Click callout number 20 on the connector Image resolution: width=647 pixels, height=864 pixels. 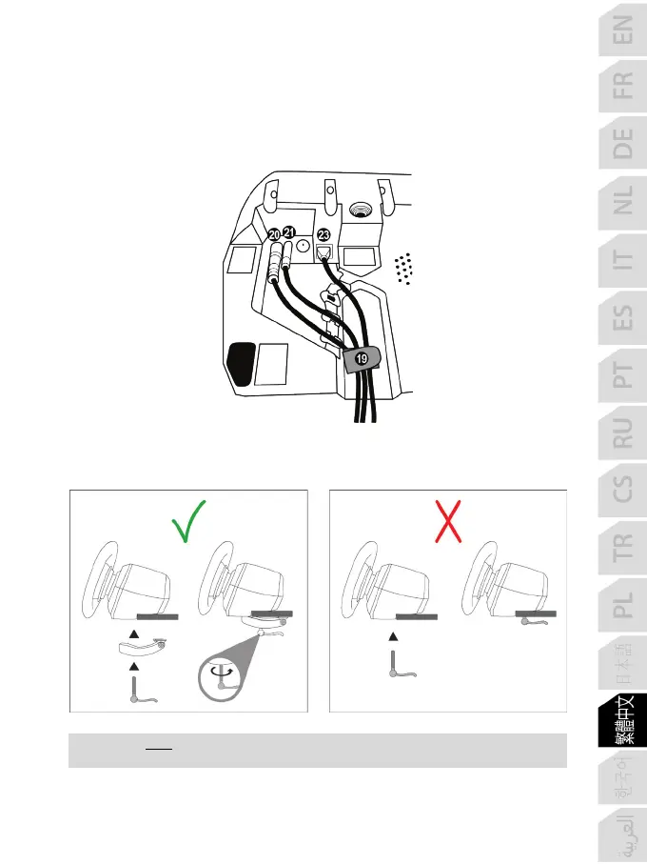pyautogui.click(x=275, y=233)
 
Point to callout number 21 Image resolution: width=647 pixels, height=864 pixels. pyautogui.click(x=290, y=232)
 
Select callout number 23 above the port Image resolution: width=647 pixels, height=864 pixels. pyautogui.click(x=324, y=234)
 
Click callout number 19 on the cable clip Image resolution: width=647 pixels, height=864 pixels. pyautogui.click(x=361, y=359)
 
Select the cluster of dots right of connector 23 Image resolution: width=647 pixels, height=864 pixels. pyautogui.click(x=403, y=268)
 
